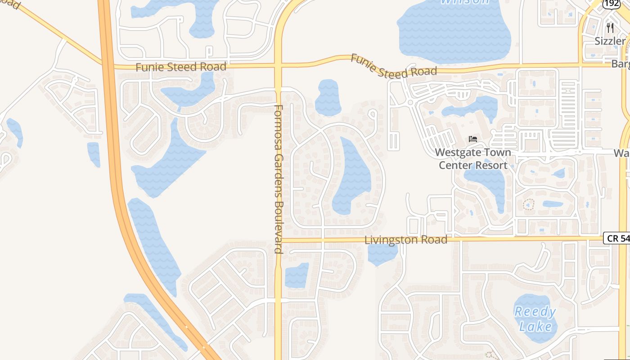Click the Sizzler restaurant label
(x=610, y=41)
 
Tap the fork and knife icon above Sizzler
(x=610, y=27)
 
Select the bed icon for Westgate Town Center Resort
(x=472, y=139)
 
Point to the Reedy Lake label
(x=535, y=319)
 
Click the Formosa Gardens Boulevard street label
(x=279, y=179)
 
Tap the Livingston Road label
(x=406, y=240)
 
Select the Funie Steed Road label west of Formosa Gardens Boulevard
(x=181, y=67)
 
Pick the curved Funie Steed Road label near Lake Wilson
(x=394, y=66)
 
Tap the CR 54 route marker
(x=617, y=238)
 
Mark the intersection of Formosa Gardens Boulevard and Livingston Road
(x=279, y=240)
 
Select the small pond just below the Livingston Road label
(x=382, y=254)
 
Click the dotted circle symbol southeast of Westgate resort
(x=528, y=205)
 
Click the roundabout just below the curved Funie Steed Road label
(x=409, y=103)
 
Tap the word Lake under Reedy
(x=535, y=326)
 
